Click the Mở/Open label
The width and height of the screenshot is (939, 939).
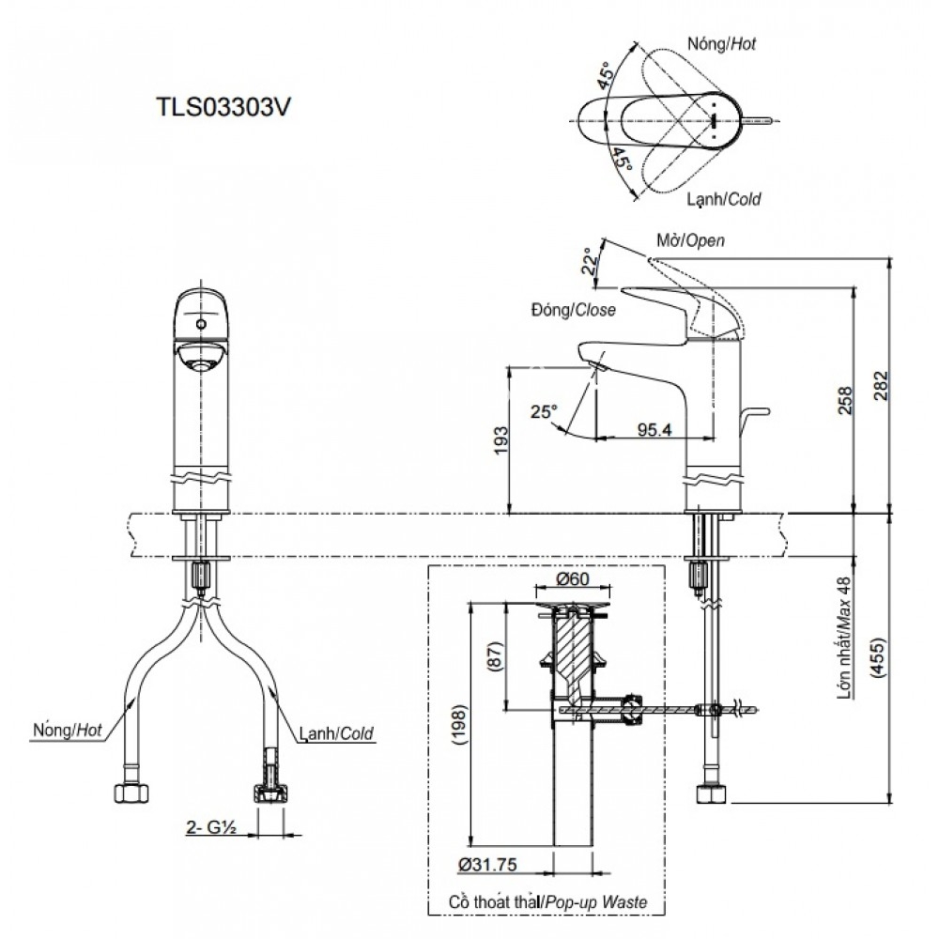(690, 240)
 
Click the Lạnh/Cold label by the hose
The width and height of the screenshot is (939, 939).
(338, 732)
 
